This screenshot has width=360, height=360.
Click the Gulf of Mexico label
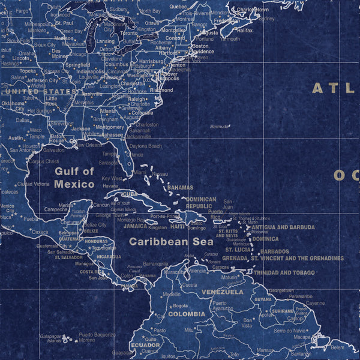pos(74,178)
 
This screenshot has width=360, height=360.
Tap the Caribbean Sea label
pos(171,242)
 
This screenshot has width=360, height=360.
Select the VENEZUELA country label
pos(222,292)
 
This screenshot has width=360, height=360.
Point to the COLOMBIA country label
pos(186,314)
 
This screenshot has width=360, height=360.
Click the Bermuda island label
pos(220,127)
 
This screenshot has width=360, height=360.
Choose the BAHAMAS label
pos(180,188)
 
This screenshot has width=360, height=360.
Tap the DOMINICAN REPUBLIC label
pos(200,203)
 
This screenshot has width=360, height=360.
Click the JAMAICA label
pos(135,227)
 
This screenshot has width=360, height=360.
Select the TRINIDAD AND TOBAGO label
pos(284,272)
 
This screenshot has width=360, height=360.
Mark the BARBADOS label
pos(275,251)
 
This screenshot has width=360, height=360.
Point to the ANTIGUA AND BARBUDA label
pos(283,227)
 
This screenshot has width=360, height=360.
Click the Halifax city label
pos(244,29)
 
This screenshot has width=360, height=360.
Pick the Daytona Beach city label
pos(146,146)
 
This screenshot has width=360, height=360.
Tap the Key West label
pos(112,178)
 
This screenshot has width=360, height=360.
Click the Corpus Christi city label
pos(44,161)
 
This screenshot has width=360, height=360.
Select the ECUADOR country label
pos(145,345)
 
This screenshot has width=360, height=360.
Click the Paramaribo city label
pos(301,296)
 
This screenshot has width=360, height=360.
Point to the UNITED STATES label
pos(39,91)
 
